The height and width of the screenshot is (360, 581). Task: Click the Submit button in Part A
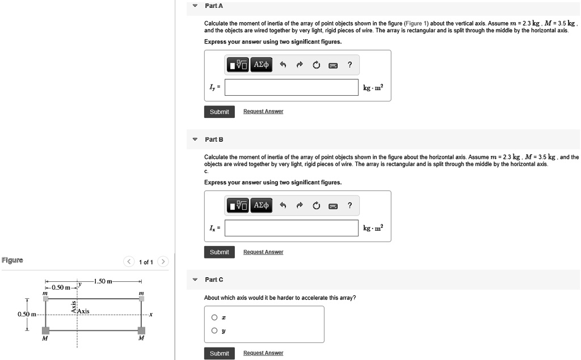point(219,112)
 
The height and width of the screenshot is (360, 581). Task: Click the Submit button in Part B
point(219,252)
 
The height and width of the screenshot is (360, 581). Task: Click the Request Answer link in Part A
point(263,112)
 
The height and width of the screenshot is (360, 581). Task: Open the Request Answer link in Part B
point(263,252)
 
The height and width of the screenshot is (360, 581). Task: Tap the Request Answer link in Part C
point(263,353)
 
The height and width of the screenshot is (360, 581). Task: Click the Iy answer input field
point(292,87)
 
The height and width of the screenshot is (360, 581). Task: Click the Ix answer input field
point(292,228)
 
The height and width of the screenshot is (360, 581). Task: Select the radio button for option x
point(214,317)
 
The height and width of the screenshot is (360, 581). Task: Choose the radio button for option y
point(214,331)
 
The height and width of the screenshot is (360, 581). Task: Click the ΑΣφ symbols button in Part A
point(261,65)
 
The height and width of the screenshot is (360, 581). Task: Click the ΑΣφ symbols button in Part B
point(261,205)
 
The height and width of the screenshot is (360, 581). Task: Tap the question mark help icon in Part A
point(350,65)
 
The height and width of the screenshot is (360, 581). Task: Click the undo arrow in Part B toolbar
point(281,205)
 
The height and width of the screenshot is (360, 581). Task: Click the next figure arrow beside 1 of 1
point(163,262)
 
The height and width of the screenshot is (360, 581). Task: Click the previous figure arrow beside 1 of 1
point(129,262)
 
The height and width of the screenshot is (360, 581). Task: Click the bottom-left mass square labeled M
point(45,331)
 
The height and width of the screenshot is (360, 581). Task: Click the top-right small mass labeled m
point(141,298)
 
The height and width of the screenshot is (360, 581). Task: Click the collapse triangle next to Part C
point(195,279)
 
